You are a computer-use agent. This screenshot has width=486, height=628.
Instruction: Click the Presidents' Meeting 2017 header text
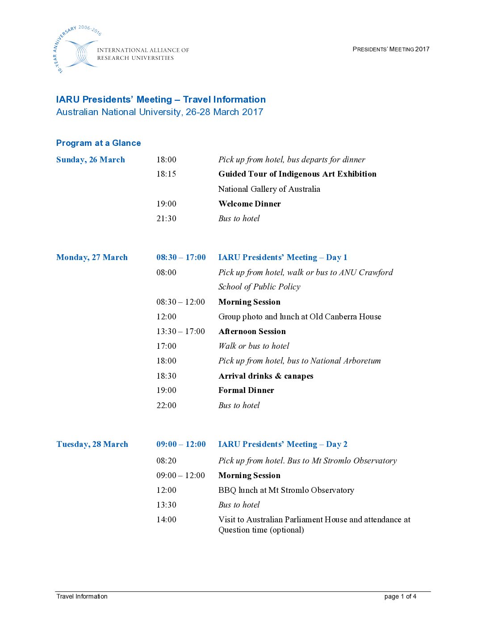(x=391, y=49)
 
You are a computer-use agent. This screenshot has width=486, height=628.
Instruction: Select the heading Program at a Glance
(x=98, y=143)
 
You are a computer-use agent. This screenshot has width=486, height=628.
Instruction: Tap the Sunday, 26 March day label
(x=91, y=160)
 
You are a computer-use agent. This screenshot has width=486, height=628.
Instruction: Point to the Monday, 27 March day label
(x=92, y=257)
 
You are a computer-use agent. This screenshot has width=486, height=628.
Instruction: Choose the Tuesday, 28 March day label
(x=92, y=444)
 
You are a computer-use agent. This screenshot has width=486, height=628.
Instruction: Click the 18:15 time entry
(x=166, y=174)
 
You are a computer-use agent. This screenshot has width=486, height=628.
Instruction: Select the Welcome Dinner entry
(x=249, y=204)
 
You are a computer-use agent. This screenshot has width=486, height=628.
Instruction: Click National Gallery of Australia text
(x=269, y=189)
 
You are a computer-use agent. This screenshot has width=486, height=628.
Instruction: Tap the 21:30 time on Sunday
(x=166, y=219)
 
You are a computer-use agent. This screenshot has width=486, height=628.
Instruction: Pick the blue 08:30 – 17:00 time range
(x=181, y=257)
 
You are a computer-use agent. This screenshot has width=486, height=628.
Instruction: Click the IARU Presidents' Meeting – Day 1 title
(x=282, y=257)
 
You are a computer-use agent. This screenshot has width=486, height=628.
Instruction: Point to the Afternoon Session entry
(x=252, y=331)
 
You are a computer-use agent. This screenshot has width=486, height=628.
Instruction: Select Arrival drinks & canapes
(x=266, y=376)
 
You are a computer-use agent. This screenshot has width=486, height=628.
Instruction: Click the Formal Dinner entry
(x=246, y=390)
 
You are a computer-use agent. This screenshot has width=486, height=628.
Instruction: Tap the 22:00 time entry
(x=166, y=405)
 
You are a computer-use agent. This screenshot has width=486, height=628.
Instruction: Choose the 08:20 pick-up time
(x=166, y=461)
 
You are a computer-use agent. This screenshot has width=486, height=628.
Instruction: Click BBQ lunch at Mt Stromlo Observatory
(x=286, y=490)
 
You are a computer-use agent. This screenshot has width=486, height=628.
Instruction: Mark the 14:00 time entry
(x=166, y=520)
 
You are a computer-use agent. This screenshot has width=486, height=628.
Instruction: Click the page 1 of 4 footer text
(x=400, y=596)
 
